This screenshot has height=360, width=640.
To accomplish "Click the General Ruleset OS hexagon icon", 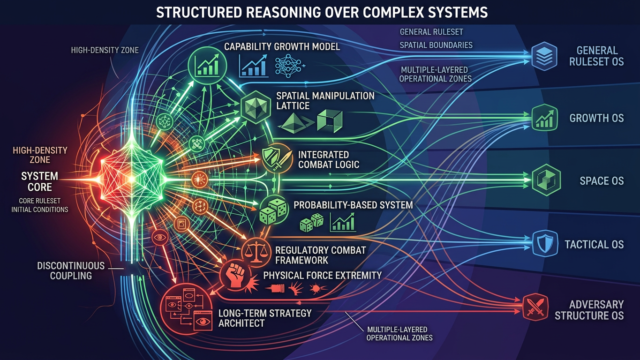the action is point(544,56).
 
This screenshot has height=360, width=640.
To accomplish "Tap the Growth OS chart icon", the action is point(544,118).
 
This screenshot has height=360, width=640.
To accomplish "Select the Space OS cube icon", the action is point(546,180).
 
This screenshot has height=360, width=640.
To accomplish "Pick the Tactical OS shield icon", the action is point(545,244).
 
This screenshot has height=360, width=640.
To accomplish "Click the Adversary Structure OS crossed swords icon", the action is point(536,307).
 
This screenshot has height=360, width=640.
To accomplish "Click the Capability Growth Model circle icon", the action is point(207,65).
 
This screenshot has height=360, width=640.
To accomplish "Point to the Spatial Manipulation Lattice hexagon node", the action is point(256,107).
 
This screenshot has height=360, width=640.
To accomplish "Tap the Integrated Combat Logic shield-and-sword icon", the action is point(277,158).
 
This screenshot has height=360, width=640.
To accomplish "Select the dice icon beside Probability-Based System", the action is point(274,210).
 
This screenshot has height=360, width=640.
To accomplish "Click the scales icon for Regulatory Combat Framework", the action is point(256,253).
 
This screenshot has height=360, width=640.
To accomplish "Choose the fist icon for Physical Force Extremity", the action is point(236,275).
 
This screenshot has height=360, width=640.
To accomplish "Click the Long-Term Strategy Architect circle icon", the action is point(187,309).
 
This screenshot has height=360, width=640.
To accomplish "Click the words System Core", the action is point(40,182).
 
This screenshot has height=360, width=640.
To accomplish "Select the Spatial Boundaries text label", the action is point(436,45).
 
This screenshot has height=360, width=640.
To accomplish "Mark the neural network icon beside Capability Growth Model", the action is point(289,66).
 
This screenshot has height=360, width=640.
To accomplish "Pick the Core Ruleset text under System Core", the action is point(40,201).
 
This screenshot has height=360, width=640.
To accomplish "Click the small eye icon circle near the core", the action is point(160,237).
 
